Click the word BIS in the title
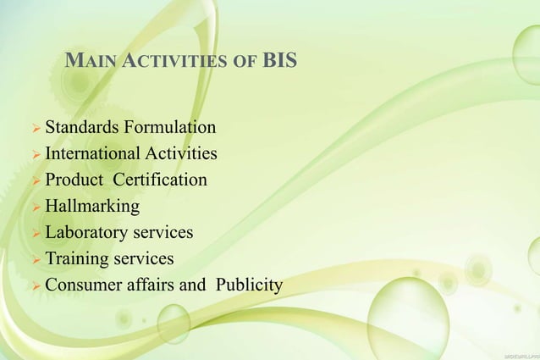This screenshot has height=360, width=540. point(279,62)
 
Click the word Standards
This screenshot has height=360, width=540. point(82,128)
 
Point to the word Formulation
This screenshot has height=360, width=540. point(169,128)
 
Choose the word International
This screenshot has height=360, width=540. point(94,154)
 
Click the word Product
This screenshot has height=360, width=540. point(74,180)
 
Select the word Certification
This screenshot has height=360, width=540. point(160,180)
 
